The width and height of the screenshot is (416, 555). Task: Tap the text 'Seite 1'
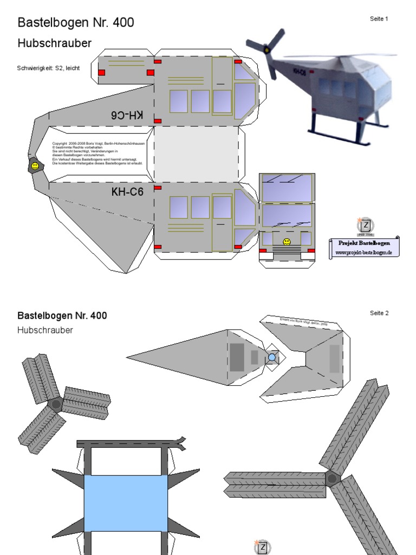379,18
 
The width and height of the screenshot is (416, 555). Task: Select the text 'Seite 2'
379,313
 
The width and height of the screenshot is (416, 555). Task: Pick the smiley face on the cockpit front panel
287,242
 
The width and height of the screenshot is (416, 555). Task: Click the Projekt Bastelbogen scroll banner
363,247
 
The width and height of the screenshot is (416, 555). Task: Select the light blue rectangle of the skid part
125,504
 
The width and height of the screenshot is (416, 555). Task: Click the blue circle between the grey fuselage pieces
272,357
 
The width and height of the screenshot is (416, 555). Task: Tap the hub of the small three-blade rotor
56,404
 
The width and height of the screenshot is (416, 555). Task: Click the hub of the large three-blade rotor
332,479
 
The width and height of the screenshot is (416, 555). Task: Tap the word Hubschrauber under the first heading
54,43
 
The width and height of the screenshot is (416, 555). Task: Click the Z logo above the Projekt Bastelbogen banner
366,225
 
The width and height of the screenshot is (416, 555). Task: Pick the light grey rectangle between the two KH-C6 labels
196,154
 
